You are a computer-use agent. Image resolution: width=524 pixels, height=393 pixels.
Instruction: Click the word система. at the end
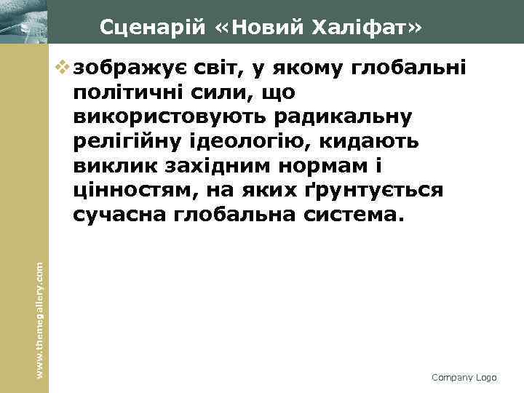[351, 215]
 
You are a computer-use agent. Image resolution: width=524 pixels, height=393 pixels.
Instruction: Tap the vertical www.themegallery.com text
[41, 310]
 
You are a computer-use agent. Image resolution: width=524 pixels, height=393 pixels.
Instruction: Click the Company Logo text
[464, 378]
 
